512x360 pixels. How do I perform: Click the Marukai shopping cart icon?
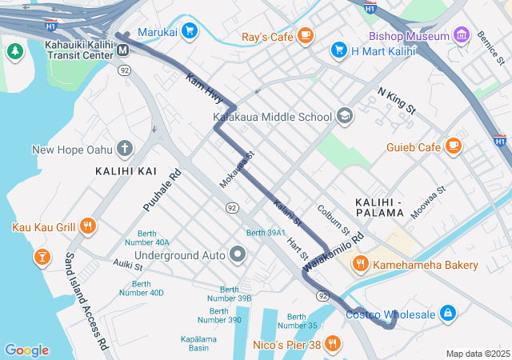coord(189,31)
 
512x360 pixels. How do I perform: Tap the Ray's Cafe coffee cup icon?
coord(305,36)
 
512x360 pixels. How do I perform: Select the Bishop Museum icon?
coord(461,35)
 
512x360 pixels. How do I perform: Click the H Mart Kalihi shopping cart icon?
coord(339,50)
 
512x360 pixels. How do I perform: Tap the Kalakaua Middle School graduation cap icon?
coord(345,117)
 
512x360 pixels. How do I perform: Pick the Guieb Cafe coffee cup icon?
coord(454,146)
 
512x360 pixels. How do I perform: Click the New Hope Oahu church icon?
coord(124,149)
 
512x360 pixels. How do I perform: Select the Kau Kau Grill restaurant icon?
coord(88,227)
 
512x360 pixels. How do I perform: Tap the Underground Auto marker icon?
coord(237,255)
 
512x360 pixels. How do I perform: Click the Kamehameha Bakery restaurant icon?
coord(360,264)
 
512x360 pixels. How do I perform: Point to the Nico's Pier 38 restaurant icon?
coord(333,345)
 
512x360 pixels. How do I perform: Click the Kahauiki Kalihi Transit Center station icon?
coord(124,50)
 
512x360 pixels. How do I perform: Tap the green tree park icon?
coord(14,52)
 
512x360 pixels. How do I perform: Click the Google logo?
coord(26,350)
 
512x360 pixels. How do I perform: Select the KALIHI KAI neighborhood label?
coord(126,171)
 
